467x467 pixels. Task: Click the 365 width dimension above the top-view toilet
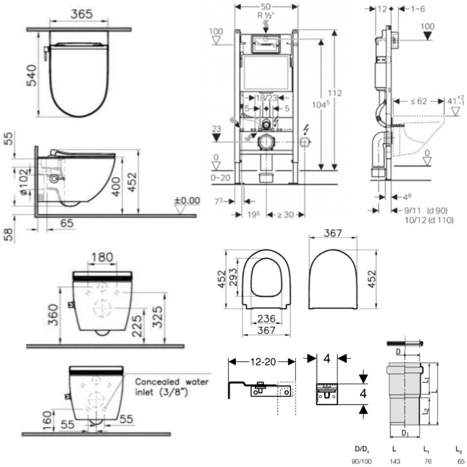[x=81, y=14]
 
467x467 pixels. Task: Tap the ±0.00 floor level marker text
[x=187, y=201]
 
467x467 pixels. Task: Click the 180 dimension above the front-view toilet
[x=103, y=258]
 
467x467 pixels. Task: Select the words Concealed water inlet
[x=172, y=386]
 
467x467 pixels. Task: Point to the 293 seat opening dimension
[x=232, y=277]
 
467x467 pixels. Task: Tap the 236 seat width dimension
[x=267, y=318]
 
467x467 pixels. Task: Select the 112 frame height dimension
[x=334, y=93]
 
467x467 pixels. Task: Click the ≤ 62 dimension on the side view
[x=418, y=101]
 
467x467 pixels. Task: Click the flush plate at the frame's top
[x=266, y=44]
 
